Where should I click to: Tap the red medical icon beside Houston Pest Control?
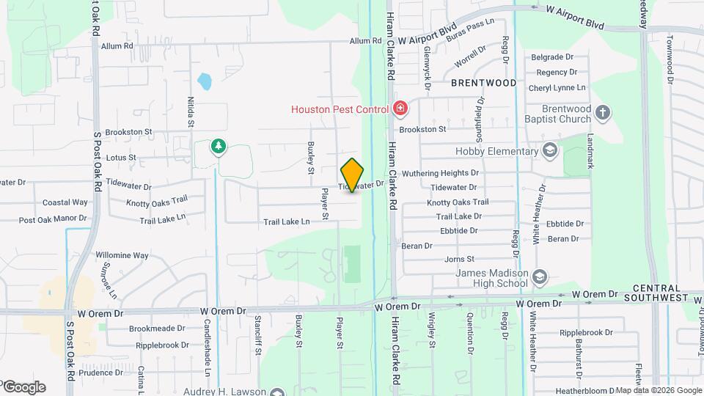(x=400, y=109)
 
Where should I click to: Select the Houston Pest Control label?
(x=340, y=109)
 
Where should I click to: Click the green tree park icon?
(x=218, y=147)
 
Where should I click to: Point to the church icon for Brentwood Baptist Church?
(x=602, y=113)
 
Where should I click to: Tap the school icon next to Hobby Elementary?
(x=549, y=151)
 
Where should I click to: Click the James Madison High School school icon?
(x=540, y=276)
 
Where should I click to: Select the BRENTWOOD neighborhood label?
(x=483, y=83)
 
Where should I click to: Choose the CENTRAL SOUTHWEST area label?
(x=656, y=293)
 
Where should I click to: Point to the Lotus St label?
(x=121, y=157)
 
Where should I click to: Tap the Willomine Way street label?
(x=122, y=255)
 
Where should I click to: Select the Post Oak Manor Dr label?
(x=53, y=219)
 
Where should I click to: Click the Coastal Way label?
(x=65, y=202)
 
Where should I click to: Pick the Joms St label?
(x=460, y=259)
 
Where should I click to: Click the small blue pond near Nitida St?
(x=205, y=81)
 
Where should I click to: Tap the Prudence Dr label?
(x=101, y=373)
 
